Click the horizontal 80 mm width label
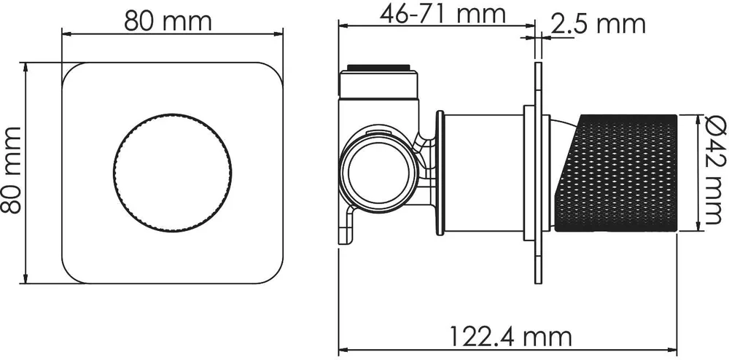tap(168, 21)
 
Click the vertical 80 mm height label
tap(11, 170)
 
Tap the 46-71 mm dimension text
tap(443, 15)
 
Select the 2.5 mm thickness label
tap(598, 24)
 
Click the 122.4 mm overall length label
tap(511, 336)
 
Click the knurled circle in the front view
tap(172, 173)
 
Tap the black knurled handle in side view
tap(615, 173)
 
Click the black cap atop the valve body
tap(379, 68)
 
